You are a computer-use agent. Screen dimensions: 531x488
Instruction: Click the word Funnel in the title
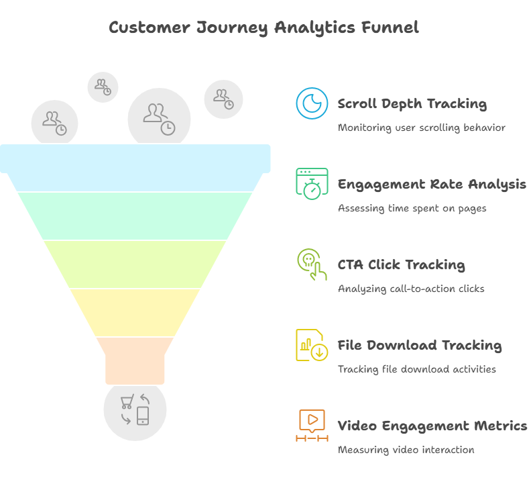coord(390,27)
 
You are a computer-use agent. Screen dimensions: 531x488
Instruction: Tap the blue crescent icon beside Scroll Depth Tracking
coord(312,103)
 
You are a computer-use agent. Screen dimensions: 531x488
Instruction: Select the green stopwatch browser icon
coord(312,183)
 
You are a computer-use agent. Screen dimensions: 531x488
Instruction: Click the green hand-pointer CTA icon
coord(312,264)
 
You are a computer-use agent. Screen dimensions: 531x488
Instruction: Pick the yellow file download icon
coord(312,345)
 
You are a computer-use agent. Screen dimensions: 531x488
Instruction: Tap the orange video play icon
coord(312,426)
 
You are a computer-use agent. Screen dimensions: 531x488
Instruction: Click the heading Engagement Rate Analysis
coord(432,185)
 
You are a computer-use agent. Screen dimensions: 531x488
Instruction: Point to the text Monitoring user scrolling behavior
coord(422,128)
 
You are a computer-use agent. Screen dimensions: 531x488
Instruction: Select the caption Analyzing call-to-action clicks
coord(411,289)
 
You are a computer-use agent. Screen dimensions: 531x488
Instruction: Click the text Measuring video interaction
coord(406,450)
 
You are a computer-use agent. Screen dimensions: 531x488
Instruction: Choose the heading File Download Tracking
coord(420,346)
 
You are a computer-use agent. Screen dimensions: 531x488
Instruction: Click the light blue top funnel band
coord(135,168)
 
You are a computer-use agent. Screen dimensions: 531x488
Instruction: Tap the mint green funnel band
coord(135,216)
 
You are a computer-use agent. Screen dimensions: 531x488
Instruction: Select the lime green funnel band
coord(135,264)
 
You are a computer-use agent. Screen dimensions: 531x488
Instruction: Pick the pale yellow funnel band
coord(135,313)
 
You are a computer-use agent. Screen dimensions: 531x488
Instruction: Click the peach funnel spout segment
coord(135,361)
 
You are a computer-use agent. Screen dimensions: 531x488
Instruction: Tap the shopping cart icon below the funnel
coord(127,401)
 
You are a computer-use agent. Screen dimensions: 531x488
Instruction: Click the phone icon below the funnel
coord(143,416)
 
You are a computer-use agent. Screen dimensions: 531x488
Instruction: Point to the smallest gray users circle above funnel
coord(103,87)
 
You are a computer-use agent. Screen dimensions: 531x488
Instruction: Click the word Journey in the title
coord(232,28)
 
